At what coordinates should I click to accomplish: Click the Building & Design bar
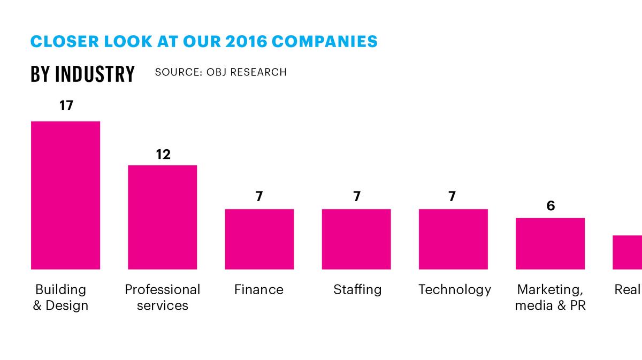65,195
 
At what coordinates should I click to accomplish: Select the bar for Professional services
162,217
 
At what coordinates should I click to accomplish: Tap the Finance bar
259,239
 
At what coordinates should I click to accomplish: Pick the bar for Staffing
356,239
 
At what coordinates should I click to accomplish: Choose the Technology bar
453,239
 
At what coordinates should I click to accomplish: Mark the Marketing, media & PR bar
550,243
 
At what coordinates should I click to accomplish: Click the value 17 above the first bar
66,105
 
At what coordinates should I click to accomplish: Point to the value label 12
163,155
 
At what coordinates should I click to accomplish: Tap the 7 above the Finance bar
259,197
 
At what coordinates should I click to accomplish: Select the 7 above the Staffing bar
356,197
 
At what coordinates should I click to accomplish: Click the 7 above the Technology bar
452,197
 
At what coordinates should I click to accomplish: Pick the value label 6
551,206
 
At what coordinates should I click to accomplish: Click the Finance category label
259,289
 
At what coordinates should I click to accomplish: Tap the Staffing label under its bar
357,289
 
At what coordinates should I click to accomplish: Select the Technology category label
454,289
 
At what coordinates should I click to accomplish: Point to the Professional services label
162,297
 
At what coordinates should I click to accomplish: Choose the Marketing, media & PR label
550,297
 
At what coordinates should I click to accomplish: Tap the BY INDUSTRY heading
82,74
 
